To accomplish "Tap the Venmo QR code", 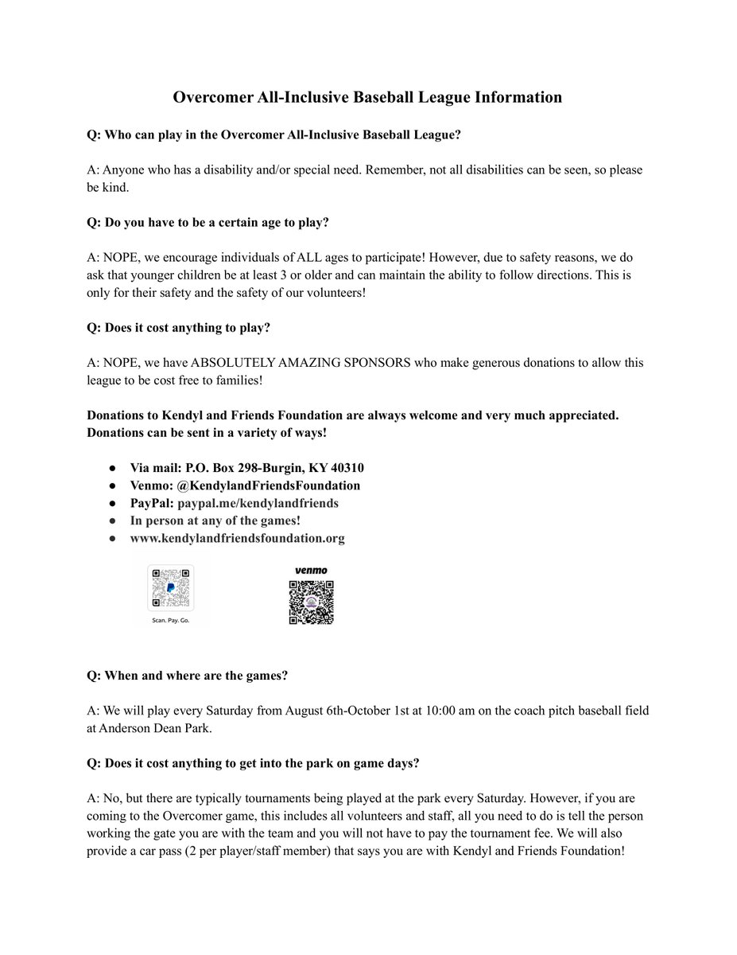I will click(310, 602).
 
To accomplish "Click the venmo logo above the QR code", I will click(310, 571).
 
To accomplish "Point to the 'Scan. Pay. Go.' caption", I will click(171, 619).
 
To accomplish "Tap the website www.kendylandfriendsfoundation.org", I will click(237, 538).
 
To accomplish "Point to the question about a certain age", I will click(208, 222).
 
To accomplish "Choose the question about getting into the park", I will click(253, 763).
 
